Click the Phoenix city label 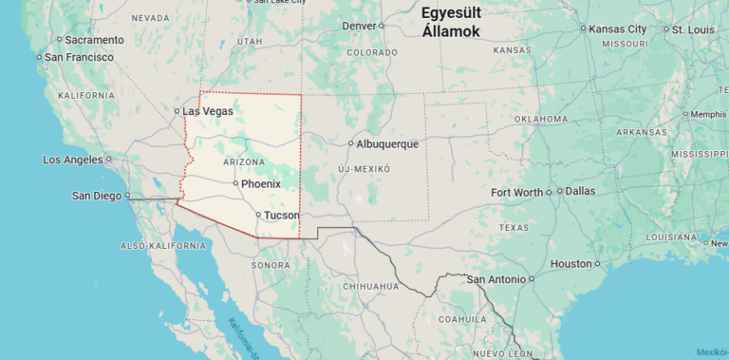coord(261,183)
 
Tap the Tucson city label coord(281,216)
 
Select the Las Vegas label coord(208,111)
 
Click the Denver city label coord(358,26)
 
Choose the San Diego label coord(97,196)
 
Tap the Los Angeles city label coord(72,160)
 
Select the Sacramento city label coord(94,40)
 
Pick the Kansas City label coord(617,29)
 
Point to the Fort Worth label coord(516,193)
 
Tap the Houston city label coord(570,264)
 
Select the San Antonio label coord(495,279)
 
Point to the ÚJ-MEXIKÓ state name coord(364,168)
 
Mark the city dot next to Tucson coord(258,215)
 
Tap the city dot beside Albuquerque coord(350,144)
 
